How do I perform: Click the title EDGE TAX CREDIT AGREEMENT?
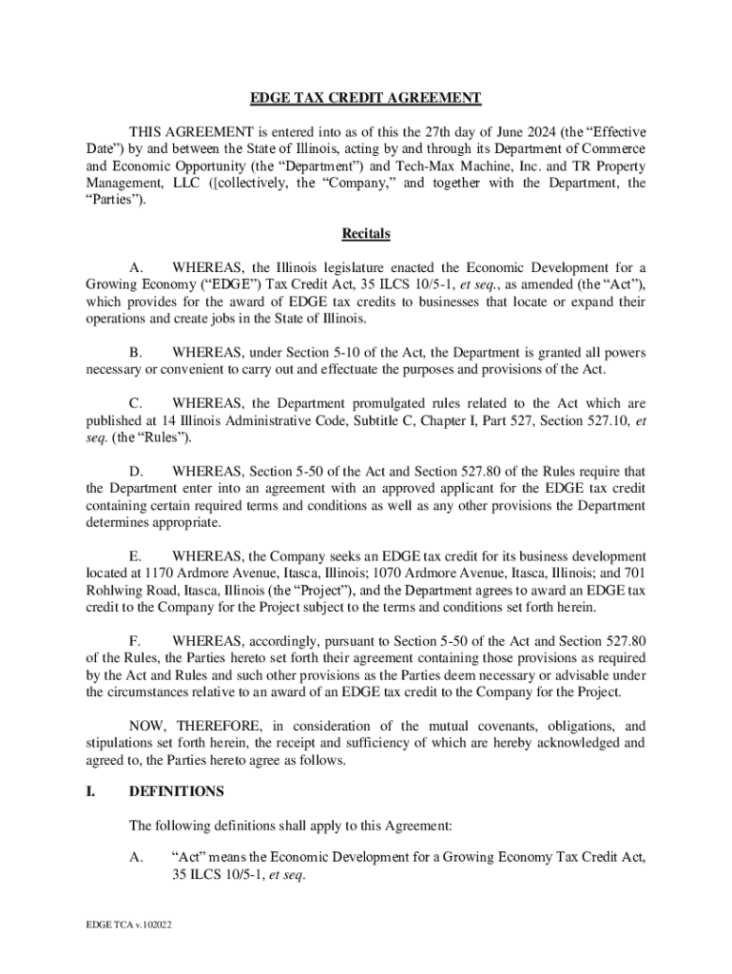(x=366, y=98)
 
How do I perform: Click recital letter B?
(x=135, y=353)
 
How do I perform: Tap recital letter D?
(x=136, y=471)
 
